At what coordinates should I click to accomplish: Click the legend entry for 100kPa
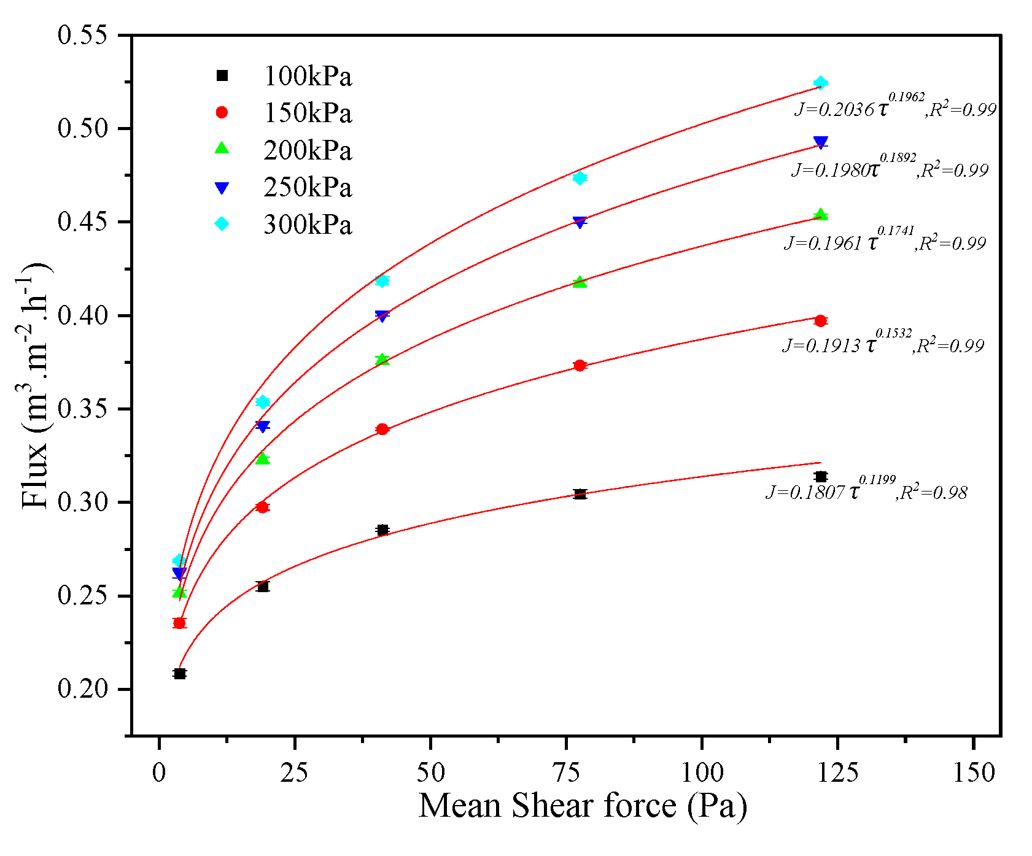click(307, 77)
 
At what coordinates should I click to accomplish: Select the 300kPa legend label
click(307, 225)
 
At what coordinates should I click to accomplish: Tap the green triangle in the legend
click(222, 149)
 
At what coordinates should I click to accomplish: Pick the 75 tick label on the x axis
click(567, 773)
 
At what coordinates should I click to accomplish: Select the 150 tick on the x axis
click(974, 773)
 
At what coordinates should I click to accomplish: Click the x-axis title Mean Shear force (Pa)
click(582, 806)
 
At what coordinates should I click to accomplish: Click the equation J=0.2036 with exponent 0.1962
click(894, 106)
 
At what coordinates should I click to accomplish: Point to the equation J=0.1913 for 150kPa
click(882, 343)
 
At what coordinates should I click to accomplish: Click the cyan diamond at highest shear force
click(821, 83)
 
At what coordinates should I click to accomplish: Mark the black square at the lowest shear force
click(179, 674)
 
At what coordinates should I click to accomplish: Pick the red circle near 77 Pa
click(580, 366)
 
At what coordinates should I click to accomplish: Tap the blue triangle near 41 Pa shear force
click(382, 316)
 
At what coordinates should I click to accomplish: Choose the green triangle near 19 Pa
click(263, 458)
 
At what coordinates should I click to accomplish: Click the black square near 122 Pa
click(821, 477)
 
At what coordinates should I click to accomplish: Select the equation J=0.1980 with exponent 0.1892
click(890, 167)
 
